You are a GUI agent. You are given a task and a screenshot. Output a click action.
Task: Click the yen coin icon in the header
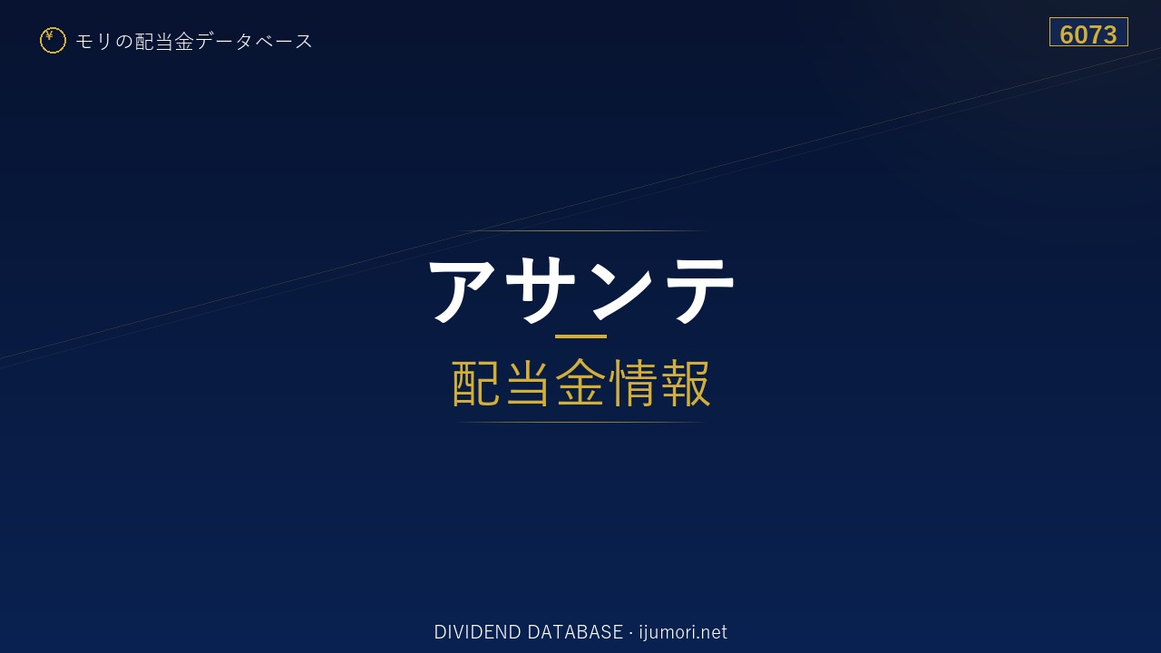tap(53, 41)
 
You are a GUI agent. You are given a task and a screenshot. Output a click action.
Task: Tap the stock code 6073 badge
tap(1088, 32)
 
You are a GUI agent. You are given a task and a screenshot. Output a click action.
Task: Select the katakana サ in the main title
tap(540, 290)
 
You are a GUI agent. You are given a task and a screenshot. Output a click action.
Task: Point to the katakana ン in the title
tap(621, 290)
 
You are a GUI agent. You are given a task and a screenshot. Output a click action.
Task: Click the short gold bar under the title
tap(580, 336)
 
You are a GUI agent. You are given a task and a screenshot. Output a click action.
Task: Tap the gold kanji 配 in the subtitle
tap(476, 384)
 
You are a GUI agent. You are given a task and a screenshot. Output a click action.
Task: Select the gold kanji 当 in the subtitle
tap(528, 384)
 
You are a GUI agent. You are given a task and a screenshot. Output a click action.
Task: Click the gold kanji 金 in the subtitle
tap(580, 384)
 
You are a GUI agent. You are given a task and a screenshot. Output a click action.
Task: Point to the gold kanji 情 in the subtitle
tap(633, 384)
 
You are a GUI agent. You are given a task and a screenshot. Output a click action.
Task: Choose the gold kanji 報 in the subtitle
tap(686, 384)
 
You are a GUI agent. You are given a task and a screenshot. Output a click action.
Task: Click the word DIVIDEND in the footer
tap(477, 632)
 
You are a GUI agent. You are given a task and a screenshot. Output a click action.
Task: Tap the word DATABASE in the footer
tap(575, 632)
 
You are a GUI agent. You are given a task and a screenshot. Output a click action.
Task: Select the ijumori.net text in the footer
tap(683, 632)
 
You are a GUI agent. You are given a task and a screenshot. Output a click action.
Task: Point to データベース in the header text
tap(254, 42)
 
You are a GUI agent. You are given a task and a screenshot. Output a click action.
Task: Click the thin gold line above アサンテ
tap(580, 230)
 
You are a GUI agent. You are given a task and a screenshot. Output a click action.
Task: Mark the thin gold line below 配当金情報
tap(580, 423)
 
